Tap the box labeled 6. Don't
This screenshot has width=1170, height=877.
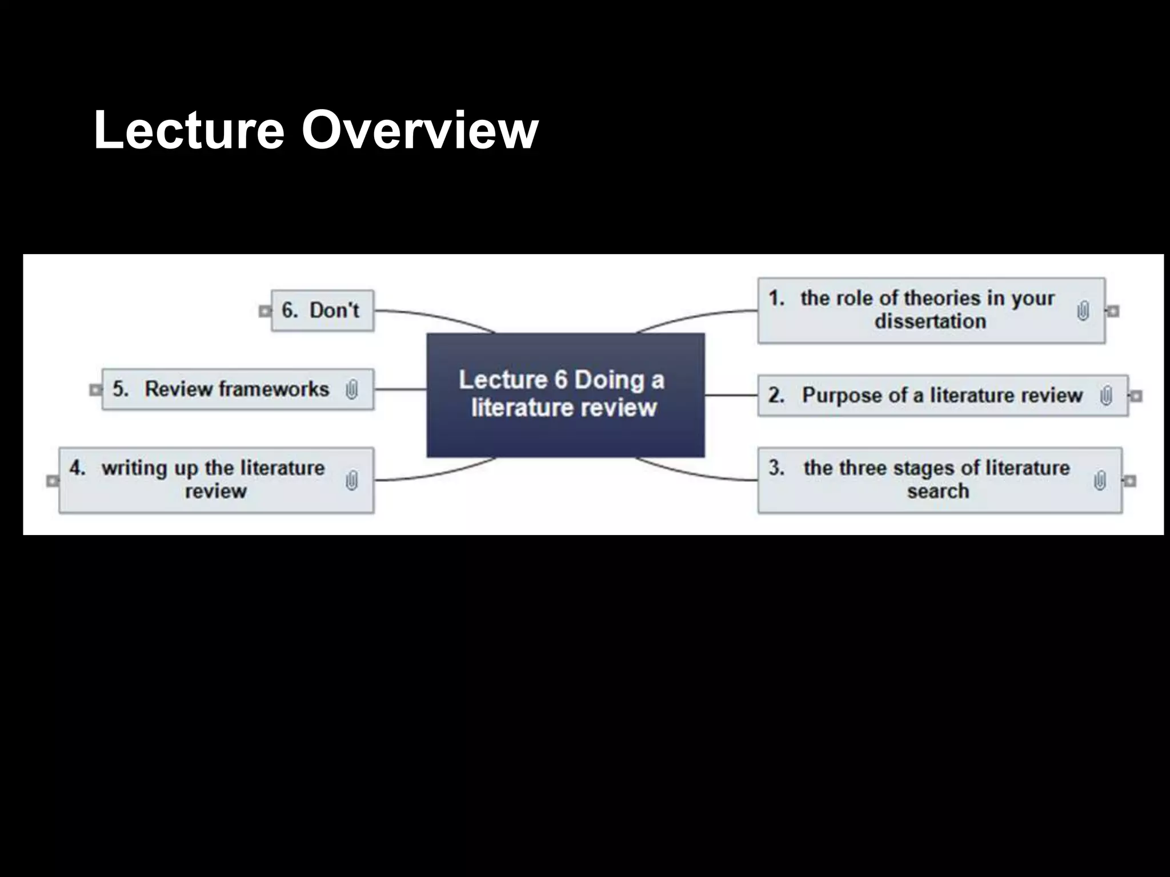point(322,311)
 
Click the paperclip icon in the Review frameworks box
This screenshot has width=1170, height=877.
point(352,390)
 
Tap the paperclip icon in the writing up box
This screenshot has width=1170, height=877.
point(352,480)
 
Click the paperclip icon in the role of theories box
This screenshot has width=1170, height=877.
point(1083,311)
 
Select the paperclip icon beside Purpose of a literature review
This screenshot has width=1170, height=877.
point(1106,396)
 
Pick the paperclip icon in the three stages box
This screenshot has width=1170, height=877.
point(1100,481)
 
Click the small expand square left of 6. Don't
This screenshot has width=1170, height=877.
point(265,311)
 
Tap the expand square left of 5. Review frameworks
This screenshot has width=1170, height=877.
point(95,390)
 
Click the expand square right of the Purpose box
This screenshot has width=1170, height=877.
point(1136,396)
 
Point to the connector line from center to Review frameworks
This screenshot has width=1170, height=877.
point(400,389)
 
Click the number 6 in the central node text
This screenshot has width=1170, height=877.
point(561,380)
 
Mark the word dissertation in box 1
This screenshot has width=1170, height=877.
point(930,321)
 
